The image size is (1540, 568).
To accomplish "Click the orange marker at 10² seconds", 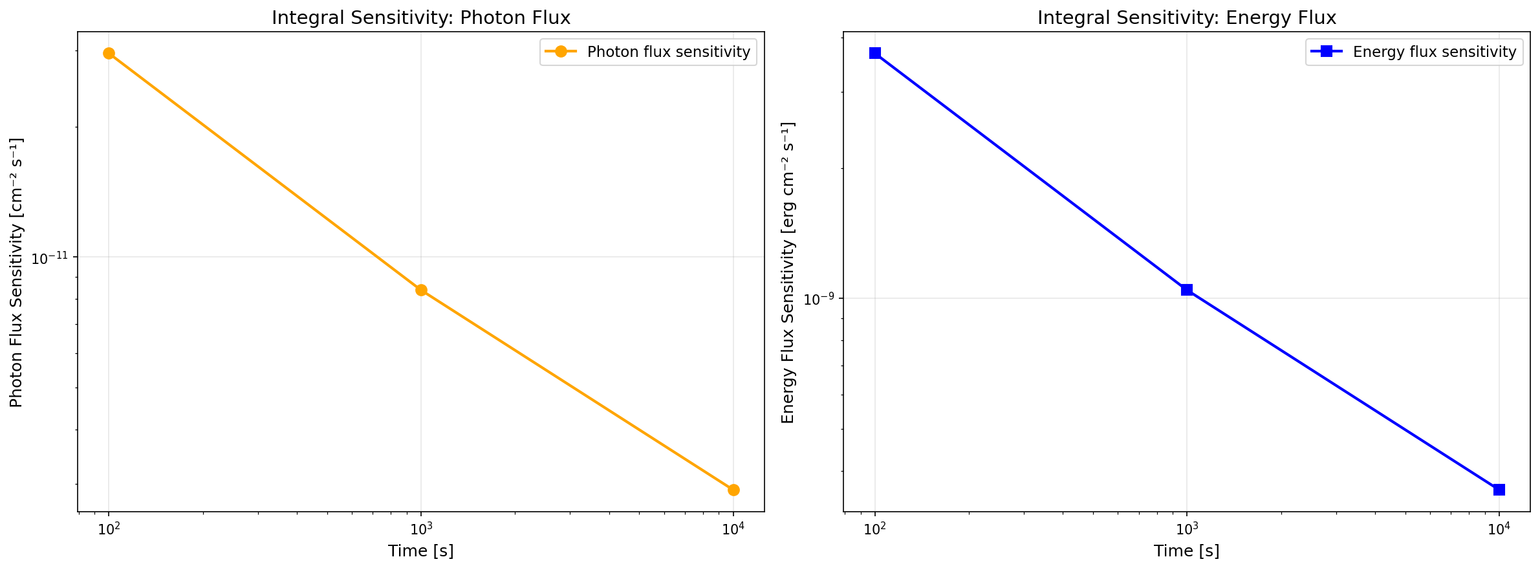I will click(x=109, y=53).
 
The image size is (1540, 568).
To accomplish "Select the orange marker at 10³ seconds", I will click(x=421, y=290).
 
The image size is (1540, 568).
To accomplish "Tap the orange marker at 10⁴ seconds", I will click(x=733, y=490).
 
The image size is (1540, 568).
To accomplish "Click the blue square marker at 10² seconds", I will click(x=875, y=53).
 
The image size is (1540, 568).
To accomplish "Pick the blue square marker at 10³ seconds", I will click(x=1187, y=290).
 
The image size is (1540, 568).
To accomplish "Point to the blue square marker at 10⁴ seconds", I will click(x=1499, y=490).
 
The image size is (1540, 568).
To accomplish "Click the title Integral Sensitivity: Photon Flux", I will click(x=421, y=17).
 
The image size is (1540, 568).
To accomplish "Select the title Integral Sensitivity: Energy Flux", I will click(x=1187, y=17).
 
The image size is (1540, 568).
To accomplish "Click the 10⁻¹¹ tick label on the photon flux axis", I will click(x=50, y=258).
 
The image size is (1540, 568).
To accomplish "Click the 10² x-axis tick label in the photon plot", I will click(x=109, y=529).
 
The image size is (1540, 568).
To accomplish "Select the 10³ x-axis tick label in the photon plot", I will click(x=421, y=529).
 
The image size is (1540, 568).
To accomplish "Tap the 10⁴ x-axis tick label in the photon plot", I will click(x=733, y=529).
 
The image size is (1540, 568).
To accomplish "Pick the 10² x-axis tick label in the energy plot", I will click(x=875, y=529).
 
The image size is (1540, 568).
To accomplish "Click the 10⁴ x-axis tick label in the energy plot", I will click(x=1499, y=529).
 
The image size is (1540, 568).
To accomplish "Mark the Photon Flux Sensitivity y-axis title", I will click(x=17, y=272).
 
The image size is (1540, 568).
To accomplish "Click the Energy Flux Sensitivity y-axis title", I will click(x=788, y=272).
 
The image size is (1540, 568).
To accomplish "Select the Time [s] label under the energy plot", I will click(x=1187, y=551).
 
